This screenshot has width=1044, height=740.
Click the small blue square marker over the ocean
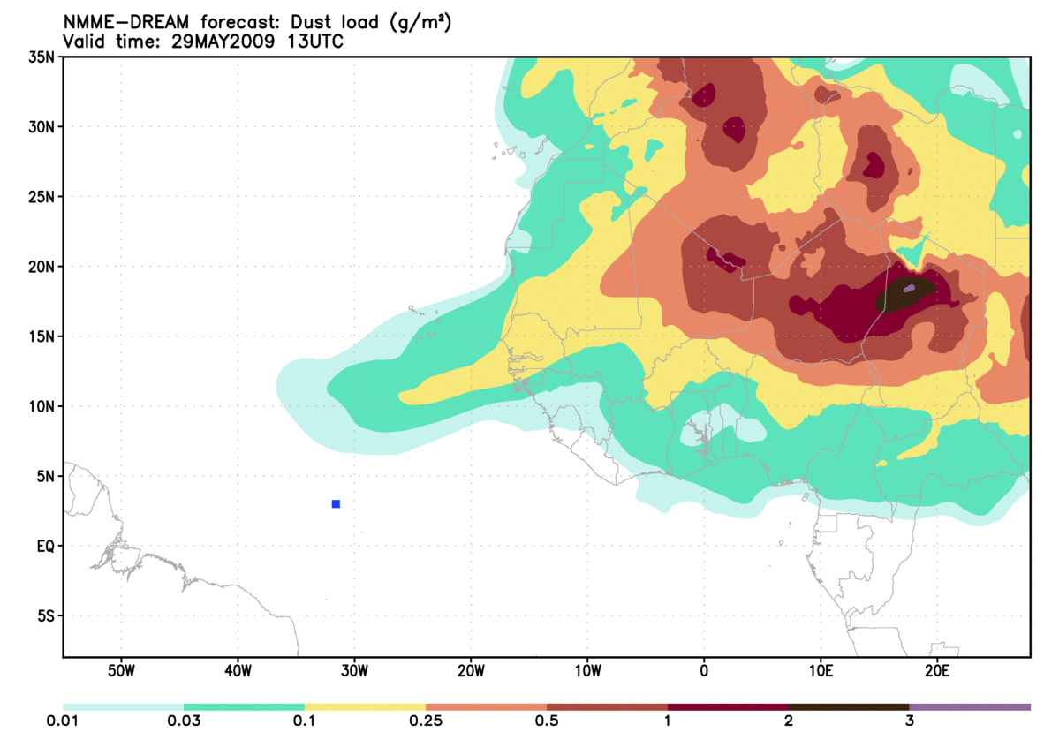[x=336, y=504]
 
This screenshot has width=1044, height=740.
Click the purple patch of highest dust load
[x=909, y=288]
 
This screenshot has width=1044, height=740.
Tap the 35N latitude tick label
[x=42, y=57]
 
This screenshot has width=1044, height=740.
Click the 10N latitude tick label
[x=42, y=406]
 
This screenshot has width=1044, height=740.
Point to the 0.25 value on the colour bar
[x=426, y=721]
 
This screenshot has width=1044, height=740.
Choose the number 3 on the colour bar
[x=909, y=721]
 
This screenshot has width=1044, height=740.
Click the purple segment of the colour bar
[x=970, y=707]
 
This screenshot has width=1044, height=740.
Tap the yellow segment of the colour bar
[x=365, y=707]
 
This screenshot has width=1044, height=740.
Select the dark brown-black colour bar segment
[x=849, y=707]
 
